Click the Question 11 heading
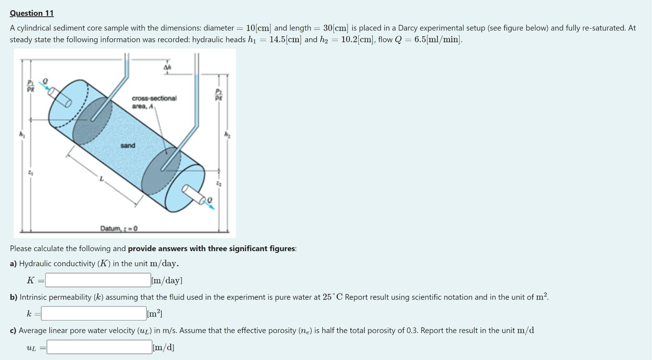[32, 13]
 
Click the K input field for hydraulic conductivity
[98, 280]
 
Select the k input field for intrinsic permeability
[94, 314]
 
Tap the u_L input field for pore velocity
[99, 347]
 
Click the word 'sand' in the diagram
[128, 146]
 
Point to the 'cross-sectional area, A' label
[154, 102]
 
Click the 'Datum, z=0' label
[119, 228]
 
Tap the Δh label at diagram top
[167, 67]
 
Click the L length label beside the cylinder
[102, 179]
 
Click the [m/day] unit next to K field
[167, 280]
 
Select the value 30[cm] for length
[336, 28]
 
